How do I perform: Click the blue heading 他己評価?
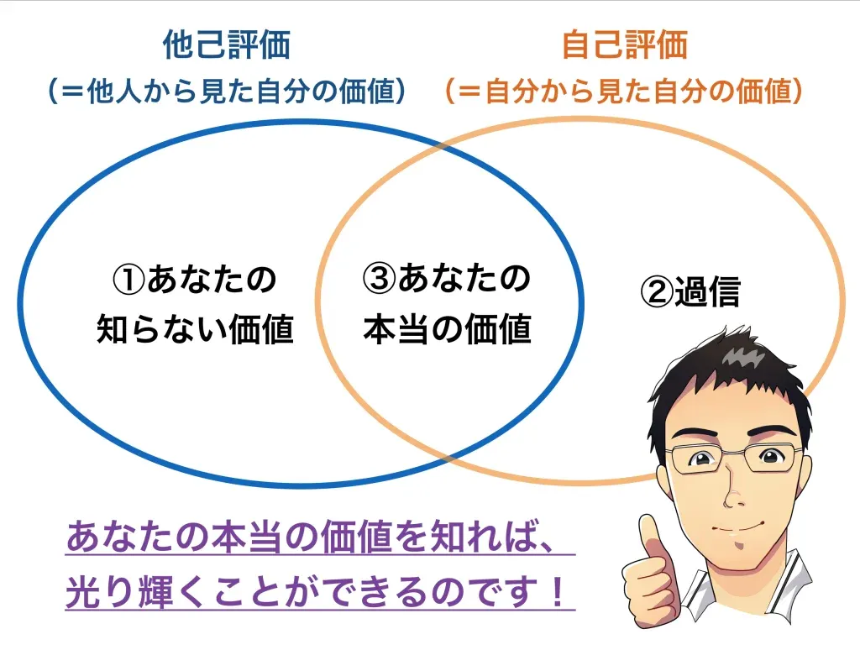tap(227, 45)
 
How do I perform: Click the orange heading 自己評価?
tap(625, 45)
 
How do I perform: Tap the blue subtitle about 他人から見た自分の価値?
tap(227, 91)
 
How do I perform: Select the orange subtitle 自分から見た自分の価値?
tap(624, 91)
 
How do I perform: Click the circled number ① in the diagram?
tap(128, 280)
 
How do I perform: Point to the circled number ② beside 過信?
tap(657, 291)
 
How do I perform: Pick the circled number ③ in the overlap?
tap(379, 278)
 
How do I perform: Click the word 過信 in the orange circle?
tap(707, 291)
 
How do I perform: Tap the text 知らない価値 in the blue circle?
tap(195, 329)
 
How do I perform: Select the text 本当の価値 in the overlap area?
tap(448, 329)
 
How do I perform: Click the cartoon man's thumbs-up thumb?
tap(652, 537)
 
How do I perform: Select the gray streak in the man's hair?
tap(742, 356)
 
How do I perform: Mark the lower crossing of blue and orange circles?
tap(447, 457)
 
